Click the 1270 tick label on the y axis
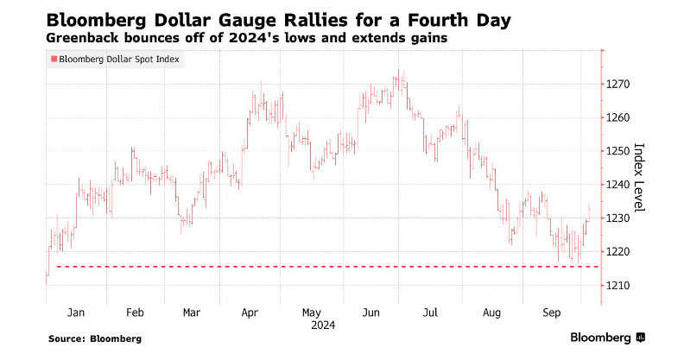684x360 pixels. tap(621, 85)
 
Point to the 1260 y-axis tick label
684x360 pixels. tap(621, 117)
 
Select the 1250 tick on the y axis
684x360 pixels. tap(621, 151)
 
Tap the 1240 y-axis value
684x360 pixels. tap(621, 185)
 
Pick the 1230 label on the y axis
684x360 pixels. tap(621, 218)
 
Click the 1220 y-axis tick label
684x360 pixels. tap(621, 251)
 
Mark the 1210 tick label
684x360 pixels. tap(621, 285)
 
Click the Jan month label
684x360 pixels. tap(76, 312)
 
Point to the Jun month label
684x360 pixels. tap(372, 312)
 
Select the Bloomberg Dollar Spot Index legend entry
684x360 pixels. tap(120, 59)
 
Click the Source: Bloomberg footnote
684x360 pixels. tap(94, 338)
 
